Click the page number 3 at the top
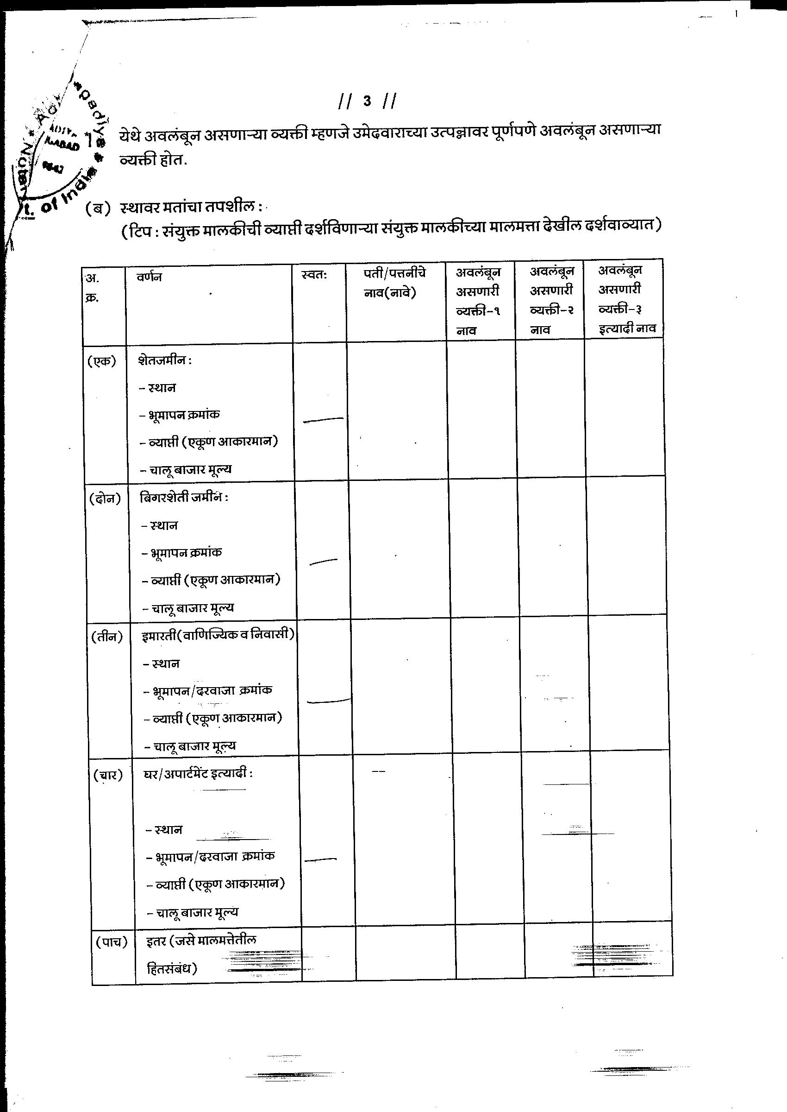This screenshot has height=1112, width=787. [x=367, y=101]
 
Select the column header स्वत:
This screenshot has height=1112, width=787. [x=313, y=275]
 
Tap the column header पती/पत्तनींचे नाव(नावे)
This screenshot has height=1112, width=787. [x=394, y=283]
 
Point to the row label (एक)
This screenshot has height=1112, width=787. [x=102, y=361]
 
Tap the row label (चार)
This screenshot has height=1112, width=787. [x=108, y=775]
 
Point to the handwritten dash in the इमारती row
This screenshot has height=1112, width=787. [x=329, y=701]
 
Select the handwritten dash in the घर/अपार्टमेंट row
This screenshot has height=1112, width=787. [x=320, y=859]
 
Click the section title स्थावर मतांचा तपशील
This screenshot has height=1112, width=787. [x=190, y=208]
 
